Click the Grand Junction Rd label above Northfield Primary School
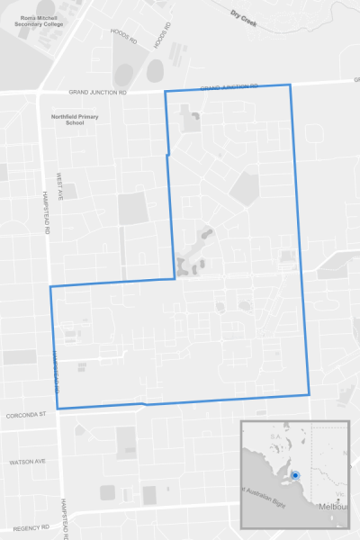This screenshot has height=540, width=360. point(98,92)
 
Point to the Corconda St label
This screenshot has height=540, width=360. point(24,416)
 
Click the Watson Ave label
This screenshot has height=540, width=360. point(26,462)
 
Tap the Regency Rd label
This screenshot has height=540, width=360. point(30,527)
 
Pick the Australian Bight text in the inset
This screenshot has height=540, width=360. point(269,490)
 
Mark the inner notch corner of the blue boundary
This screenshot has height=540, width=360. point(174,278)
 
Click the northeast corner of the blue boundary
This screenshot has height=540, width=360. point(291,85)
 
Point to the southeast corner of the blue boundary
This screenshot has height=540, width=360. point(309,393)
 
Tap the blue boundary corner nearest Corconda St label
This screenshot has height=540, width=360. point(58,409)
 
